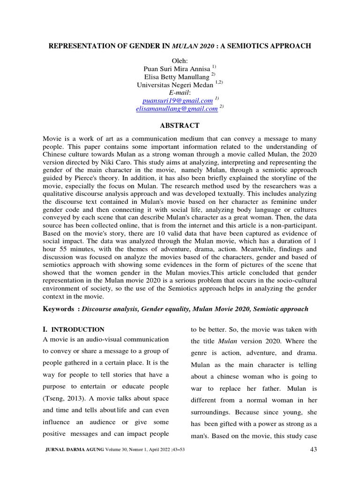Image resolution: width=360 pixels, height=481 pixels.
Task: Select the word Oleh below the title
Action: pyautogui.click(x=180, y=62)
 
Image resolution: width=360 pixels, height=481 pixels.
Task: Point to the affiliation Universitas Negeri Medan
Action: pyautogui.click(x=175, y=85)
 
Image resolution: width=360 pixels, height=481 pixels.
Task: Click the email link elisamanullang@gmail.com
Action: pyautogui.click(x=176, y=109)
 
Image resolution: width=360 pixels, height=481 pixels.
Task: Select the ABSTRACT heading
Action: pyautogui.click(x=180, y=125)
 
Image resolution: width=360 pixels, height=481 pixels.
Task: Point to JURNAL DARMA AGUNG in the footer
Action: pyautogui.click(x=74, y=450)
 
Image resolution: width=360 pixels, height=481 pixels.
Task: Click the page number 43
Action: pyautogui.click(x=314, y=450)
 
